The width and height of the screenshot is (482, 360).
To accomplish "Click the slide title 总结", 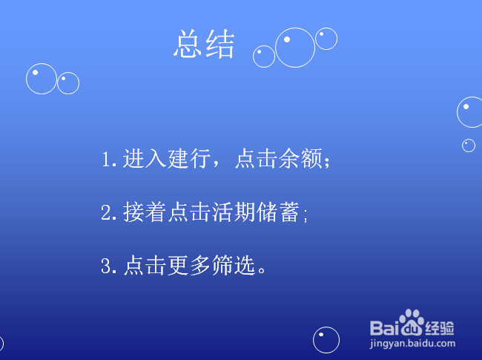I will coord(204,45).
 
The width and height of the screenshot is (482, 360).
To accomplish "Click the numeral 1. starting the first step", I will coord(110,160).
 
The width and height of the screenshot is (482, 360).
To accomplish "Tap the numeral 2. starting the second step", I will coord(110,214).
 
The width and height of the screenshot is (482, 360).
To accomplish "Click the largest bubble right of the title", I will coord(295,48).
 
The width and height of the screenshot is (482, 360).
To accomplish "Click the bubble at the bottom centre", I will coord(326,340).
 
